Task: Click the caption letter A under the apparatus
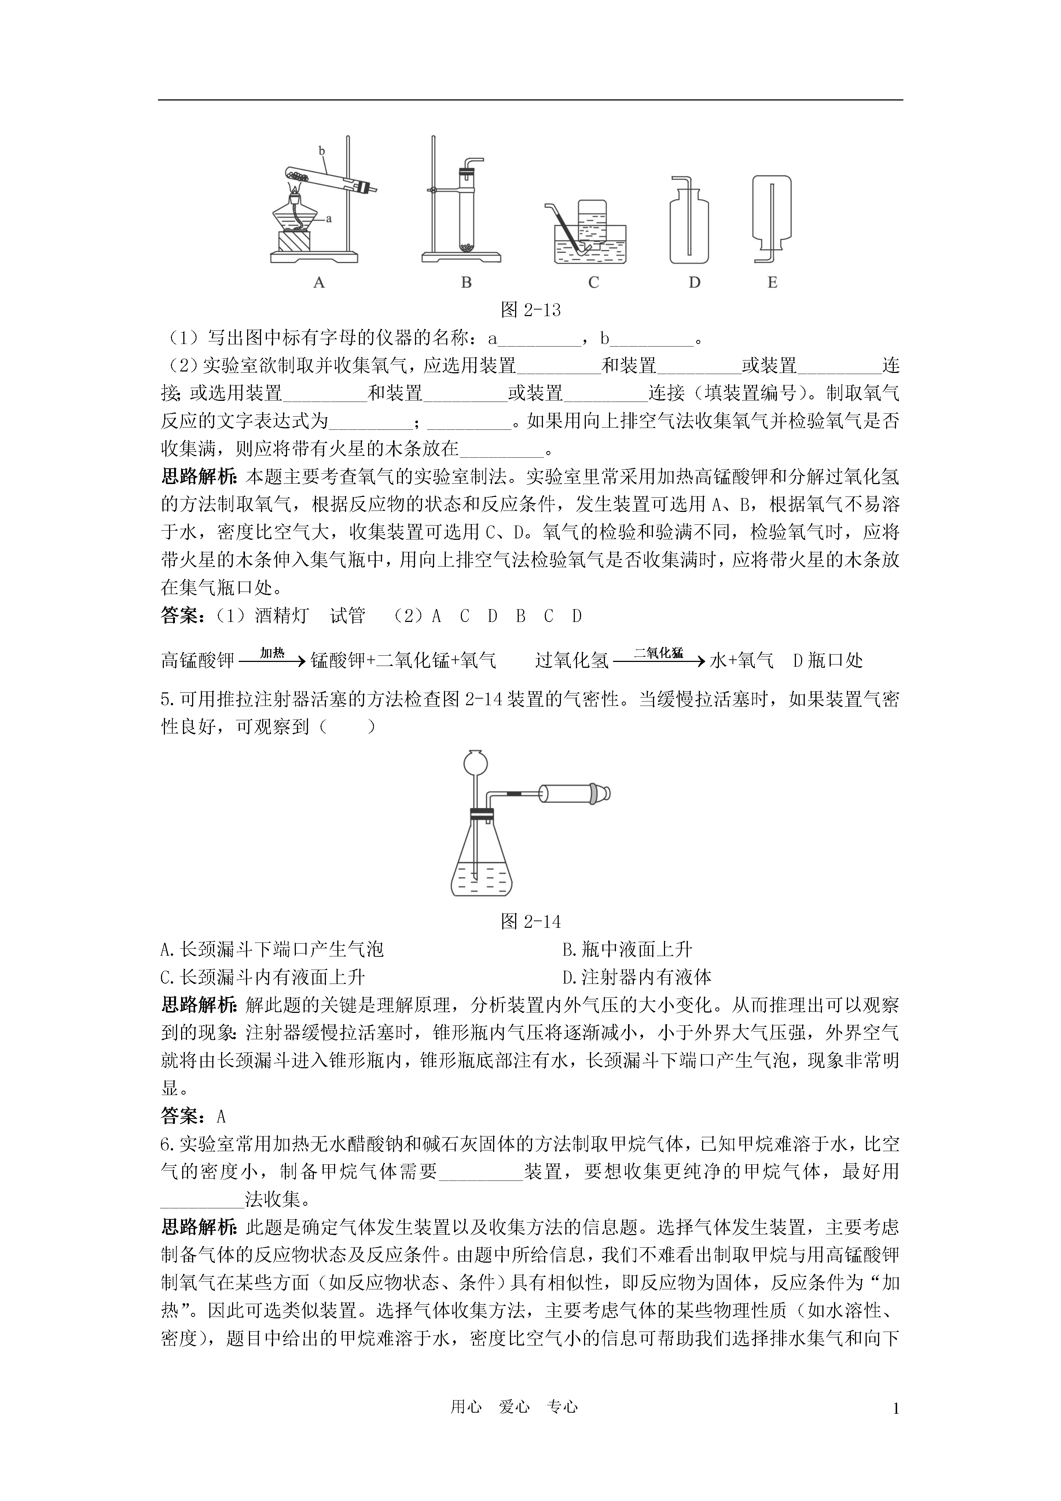click(x=319, y=282)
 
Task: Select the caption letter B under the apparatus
click(x=466, y=282)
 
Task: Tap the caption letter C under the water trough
click(x=593, y=282)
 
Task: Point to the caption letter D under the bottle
click(x=694, y=282)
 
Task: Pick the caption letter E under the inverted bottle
click(x=772, y=282)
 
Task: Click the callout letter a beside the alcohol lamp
click(x=329, y=218)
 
